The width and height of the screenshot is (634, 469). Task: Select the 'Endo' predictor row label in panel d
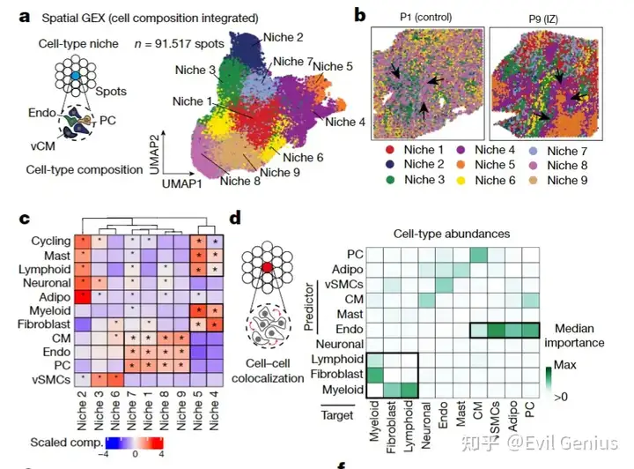pos(345,329)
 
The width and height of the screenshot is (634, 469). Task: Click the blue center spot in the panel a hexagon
pos(77,78)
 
